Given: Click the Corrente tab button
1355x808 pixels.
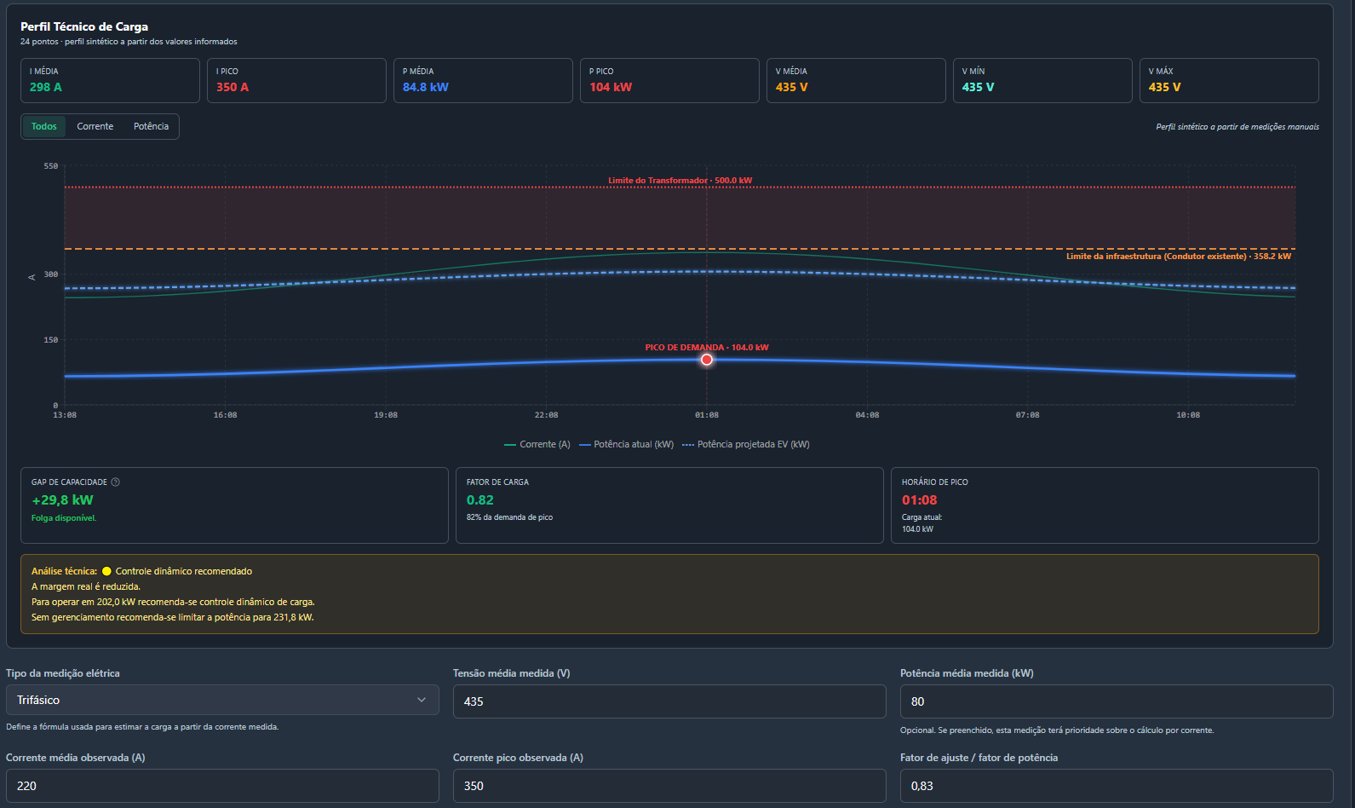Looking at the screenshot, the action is coord(95,126).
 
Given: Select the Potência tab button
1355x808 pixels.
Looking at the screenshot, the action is coord(152,126).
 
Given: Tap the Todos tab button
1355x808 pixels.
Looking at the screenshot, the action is coord(44,126).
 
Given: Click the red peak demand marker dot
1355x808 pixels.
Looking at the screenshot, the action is coord(707,361).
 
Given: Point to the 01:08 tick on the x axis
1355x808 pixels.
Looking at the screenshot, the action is coord(707,415).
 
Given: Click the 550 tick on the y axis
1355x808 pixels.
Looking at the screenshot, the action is coord(51,166).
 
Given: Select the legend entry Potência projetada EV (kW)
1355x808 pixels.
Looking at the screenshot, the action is coord(746,444).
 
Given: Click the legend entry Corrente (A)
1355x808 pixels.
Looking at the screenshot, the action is coord(537,444).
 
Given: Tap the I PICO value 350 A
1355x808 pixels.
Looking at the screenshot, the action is coord(233,87).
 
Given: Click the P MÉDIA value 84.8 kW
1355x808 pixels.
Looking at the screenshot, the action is coord(425,87).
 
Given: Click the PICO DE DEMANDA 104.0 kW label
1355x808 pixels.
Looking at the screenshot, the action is coord(707,348).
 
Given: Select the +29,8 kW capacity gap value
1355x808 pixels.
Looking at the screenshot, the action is coord(62,500).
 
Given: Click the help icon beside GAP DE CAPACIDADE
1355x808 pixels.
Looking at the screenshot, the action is coord(116,482).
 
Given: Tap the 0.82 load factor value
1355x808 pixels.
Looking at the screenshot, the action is coord(479,500).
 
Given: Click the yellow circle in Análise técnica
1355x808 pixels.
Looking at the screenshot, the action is coord(106,571).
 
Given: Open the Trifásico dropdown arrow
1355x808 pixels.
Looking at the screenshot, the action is coord(422,701).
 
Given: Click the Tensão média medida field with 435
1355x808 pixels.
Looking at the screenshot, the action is coord(669,701).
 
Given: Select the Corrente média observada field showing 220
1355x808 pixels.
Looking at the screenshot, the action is coord(222,786).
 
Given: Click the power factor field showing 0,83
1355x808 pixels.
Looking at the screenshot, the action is coord(1116,786).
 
